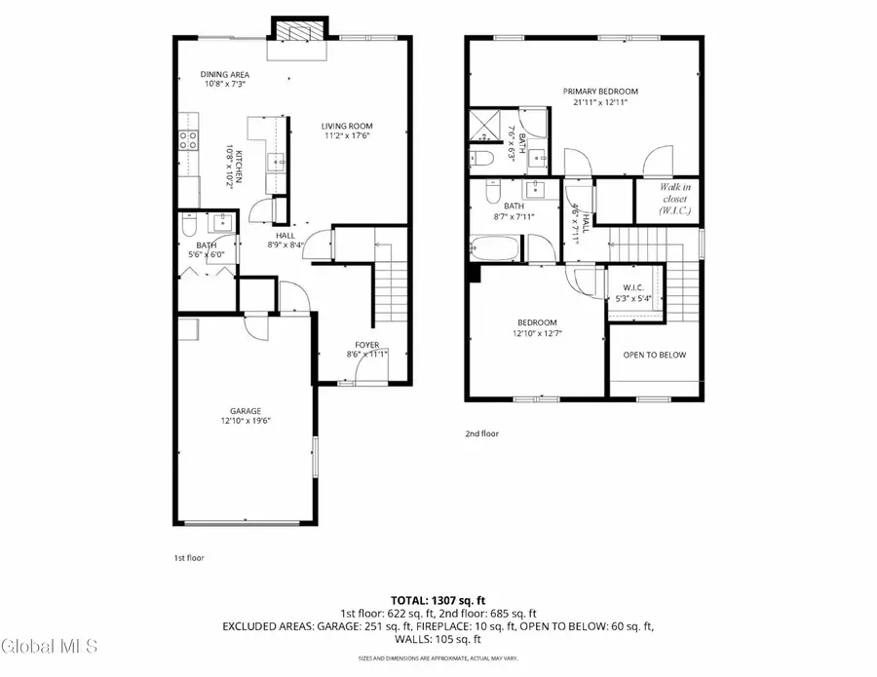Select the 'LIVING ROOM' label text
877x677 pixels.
pos(348,126)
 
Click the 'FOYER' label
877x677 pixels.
pos(366,345)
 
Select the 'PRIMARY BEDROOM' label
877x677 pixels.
pos(599,92)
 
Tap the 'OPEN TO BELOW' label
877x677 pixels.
pos(654,355)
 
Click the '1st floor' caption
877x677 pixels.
pos(188,558)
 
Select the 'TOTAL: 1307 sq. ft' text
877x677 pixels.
pos(438,600)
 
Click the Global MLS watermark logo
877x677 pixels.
pos(49,645)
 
